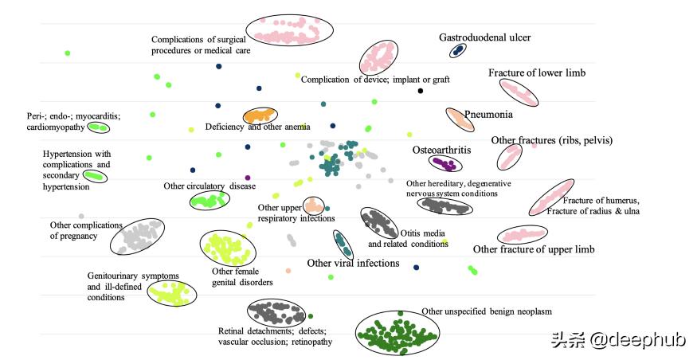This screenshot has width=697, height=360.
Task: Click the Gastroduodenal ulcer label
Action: (x=485, y=37)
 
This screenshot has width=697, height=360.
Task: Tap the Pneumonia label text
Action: (x=488, y=114)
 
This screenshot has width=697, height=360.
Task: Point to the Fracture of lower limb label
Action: (x=537, y=73)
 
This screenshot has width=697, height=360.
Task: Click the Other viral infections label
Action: (x=353, y=263)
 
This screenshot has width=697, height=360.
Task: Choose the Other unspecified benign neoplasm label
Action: (x=486, y=311)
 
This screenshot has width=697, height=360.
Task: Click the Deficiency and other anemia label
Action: (x=257, y=127)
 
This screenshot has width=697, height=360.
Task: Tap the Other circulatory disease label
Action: (x=209, y=186)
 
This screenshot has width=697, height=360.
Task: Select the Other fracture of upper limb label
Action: (x=534, y=249)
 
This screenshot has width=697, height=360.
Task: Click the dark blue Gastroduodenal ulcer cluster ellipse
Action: (x=457, y=50)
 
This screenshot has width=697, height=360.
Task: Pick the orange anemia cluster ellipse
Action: (x=259, y=115)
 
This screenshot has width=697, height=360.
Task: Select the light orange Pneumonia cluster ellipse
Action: (x=459, y=119)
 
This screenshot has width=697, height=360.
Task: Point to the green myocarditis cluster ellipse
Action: (x=98, y=127)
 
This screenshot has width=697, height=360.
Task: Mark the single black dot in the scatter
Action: (x=421, y=91)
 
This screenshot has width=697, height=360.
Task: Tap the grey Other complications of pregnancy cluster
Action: (x=137, y=237)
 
